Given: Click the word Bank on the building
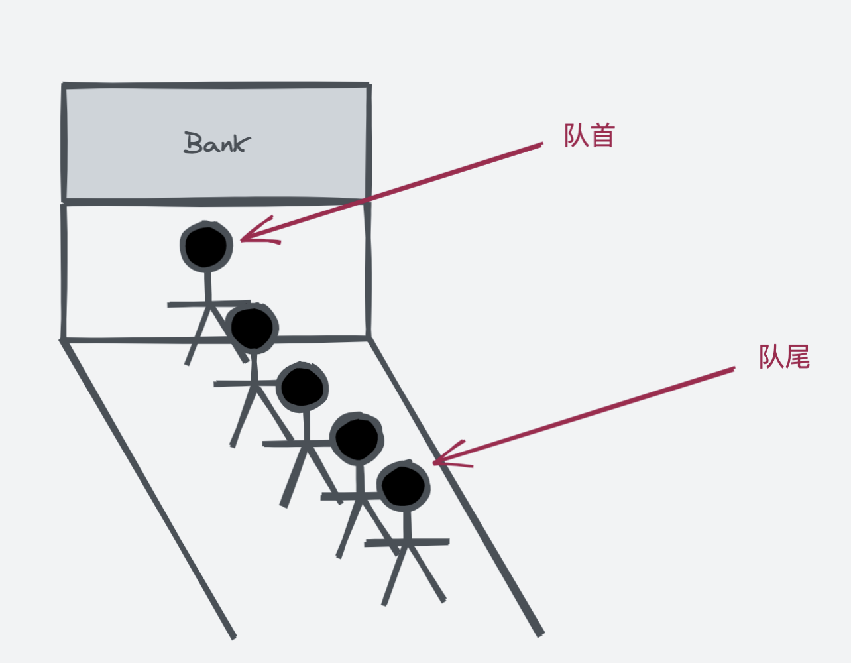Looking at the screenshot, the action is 217,143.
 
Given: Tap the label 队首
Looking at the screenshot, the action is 589,135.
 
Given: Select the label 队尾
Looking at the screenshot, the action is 784,357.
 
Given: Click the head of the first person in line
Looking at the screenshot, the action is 206,245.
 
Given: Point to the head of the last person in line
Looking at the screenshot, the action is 403,486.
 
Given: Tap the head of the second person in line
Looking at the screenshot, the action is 252,328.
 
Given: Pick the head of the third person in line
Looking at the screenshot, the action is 302,387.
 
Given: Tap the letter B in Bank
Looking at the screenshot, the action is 193,143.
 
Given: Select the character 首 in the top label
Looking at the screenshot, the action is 602,135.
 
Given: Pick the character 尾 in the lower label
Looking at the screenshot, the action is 797,357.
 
